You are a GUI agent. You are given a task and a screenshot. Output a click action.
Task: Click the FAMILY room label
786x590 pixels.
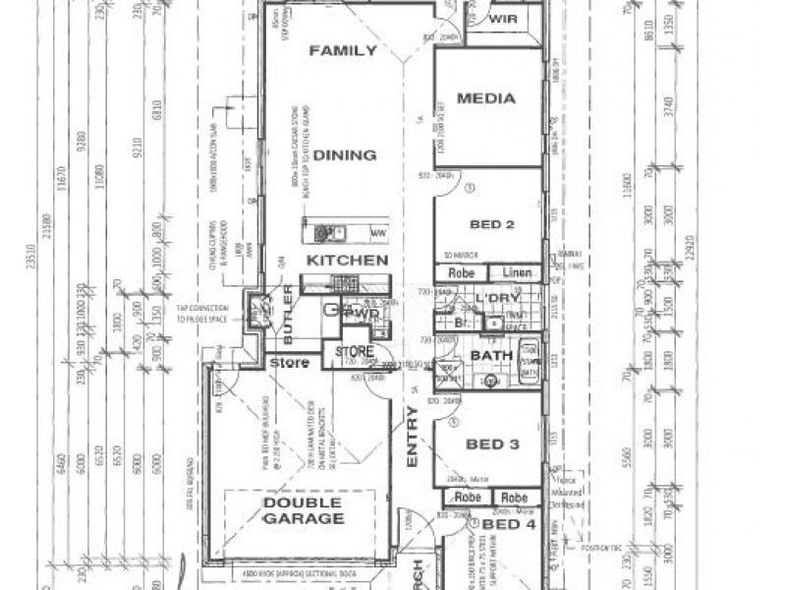point(343,51)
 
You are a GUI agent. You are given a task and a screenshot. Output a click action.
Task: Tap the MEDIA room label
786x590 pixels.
point(486,98)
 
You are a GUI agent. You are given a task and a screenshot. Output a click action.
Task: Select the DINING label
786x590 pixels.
point(345,155)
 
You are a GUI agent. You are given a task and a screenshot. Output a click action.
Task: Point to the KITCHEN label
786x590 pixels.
point(347,261)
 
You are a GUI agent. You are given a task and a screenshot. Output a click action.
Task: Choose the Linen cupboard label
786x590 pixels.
point(517,272)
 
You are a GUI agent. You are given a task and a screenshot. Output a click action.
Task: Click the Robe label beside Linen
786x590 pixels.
point(462,272)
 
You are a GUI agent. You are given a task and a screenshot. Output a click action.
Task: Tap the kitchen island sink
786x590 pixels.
point(323,233)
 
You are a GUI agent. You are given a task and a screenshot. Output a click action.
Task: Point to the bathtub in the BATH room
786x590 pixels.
point(528,361)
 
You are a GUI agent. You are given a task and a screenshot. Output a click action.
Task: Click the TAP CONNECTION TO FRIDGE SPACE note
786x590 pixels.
point(202,314)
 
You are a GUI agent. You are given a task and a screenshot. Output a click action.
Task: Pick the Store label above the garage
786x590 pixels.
point(290,364)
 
